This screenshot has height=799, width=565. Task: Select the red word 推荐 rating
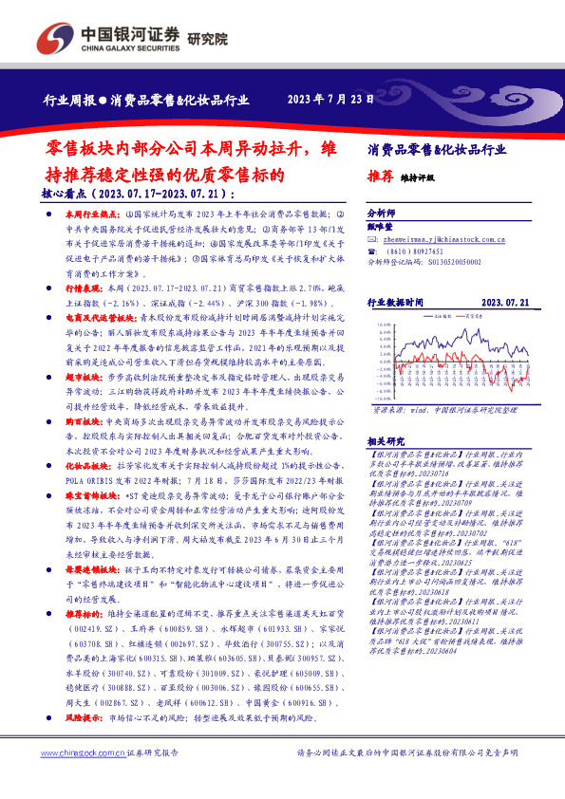(x=380, y=177)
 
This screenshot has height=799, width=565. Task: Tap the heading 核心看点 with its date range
(x=139, y=194)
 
